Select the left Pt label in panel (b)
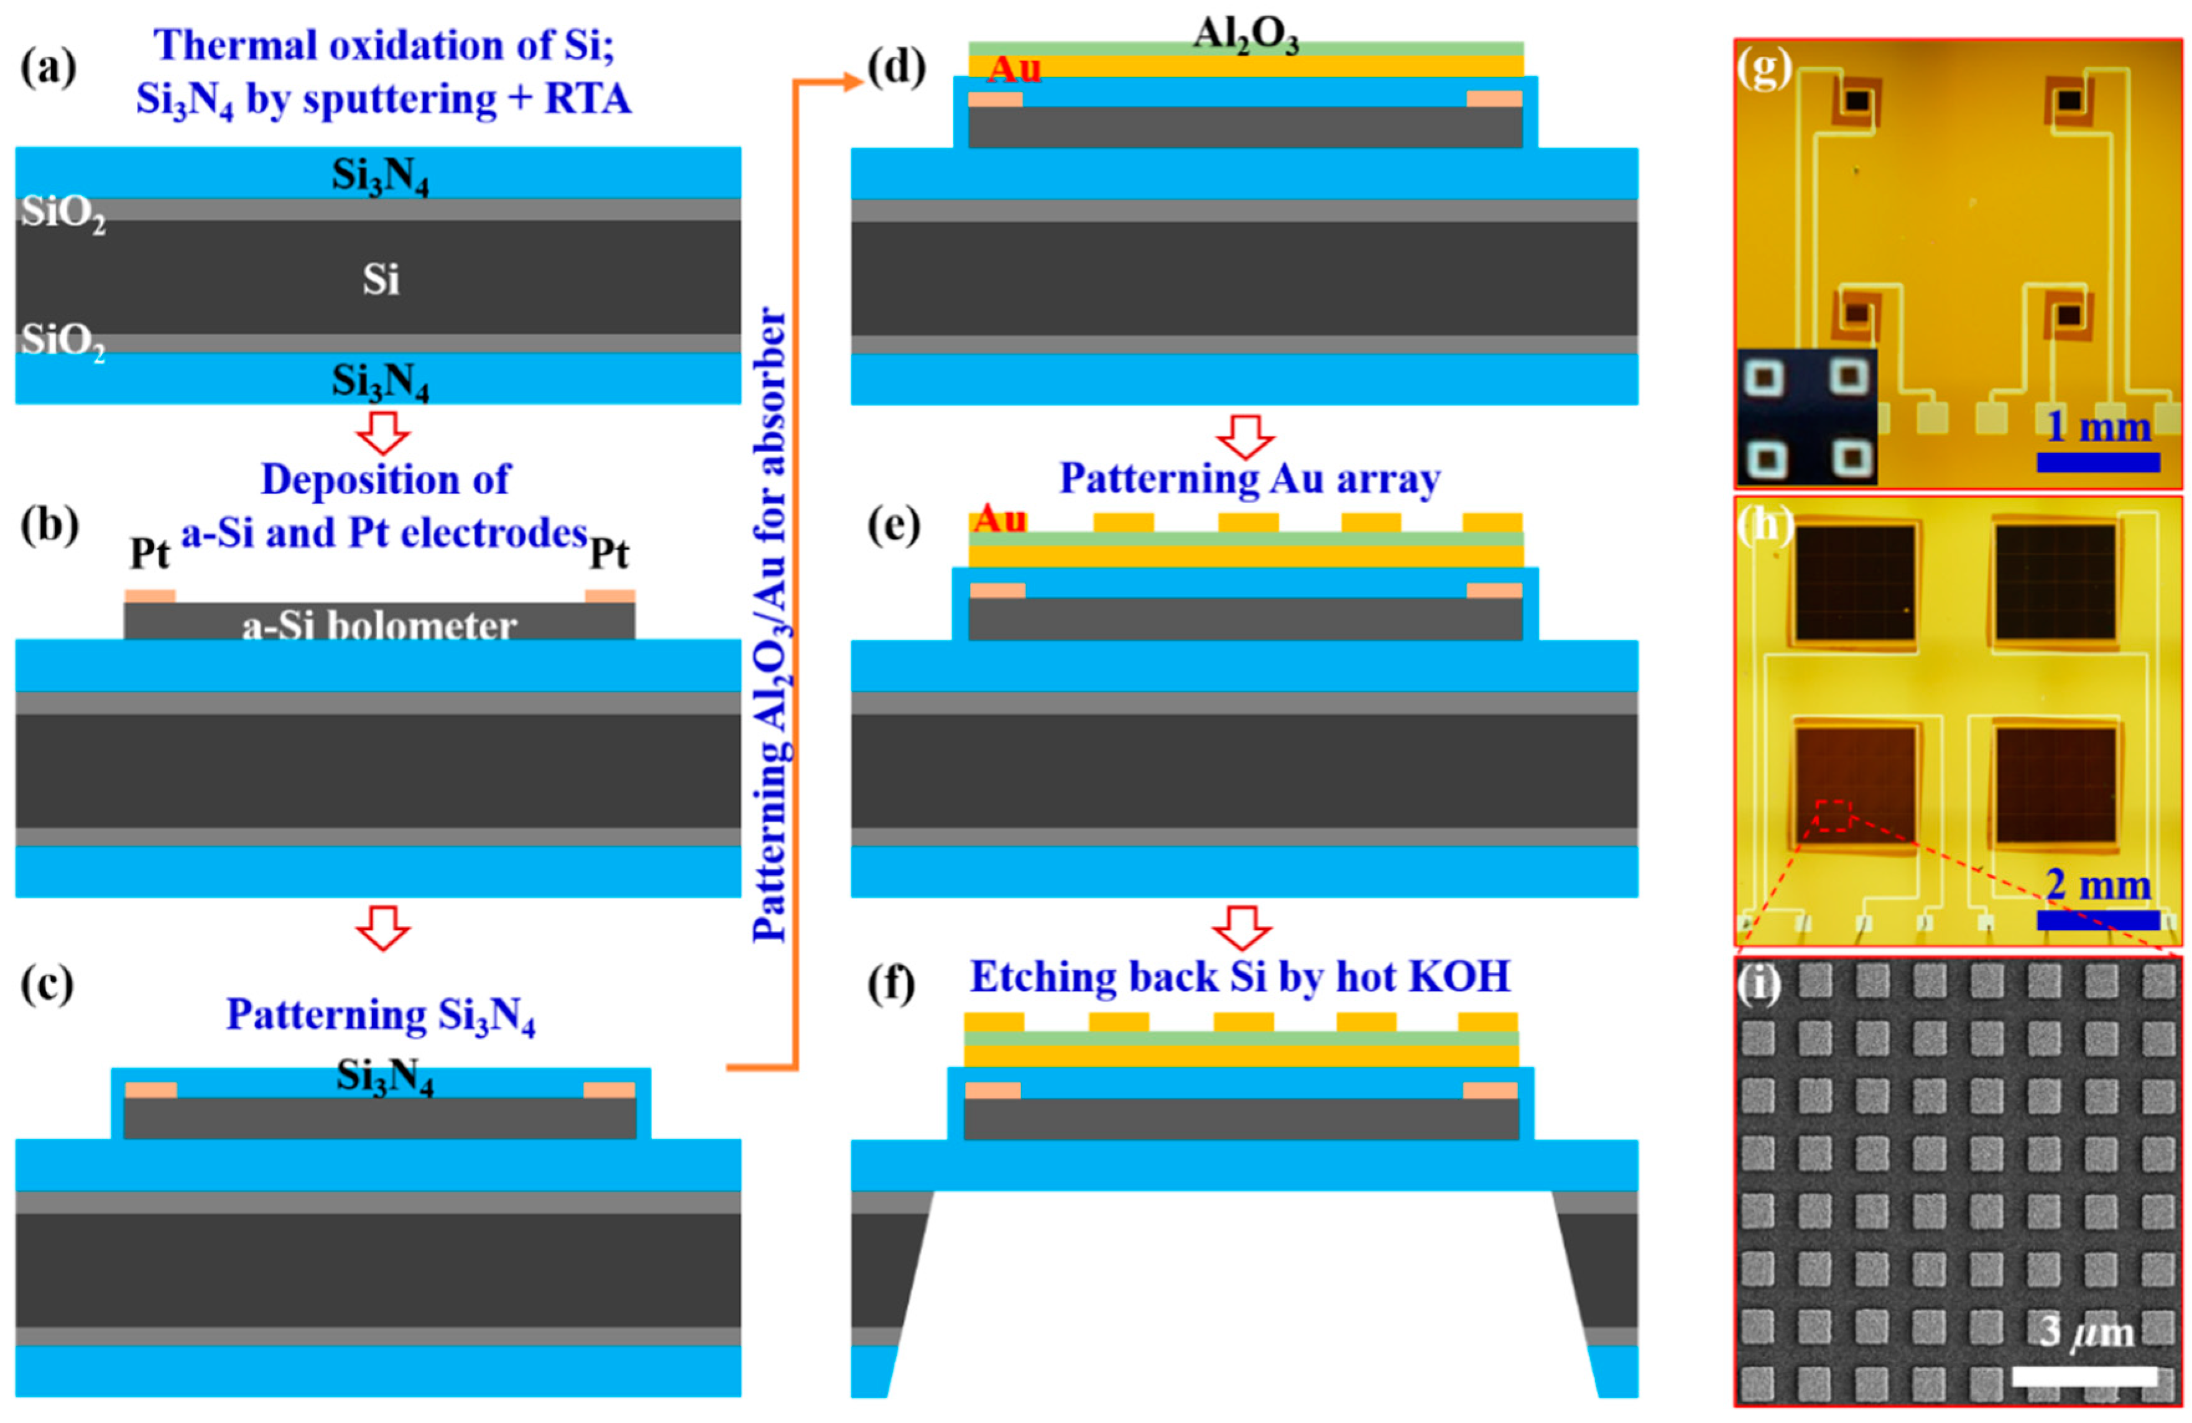pos(149,553)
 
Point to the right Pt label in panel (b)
pos(609,553)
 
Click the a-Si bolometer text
pos(379,626)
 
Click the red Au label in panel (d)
pos(1014,69)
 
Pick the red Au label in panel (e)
pos(999,520)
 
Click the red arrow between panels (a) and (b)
pos(382,432)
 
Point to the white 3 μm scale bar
pos(2083,1376)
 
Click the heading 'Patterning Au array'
pos(1249,479)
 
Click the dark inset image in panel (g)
pos(1806,417)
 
